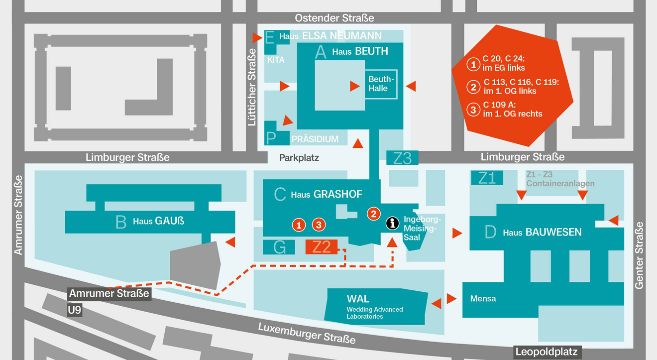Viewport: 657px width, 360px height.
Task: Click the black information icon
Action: (392, 223)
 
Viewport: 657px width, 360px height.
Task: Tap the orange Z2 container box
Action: (322, 247)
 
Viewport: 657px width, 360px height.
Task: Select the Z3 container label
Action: (402, 158)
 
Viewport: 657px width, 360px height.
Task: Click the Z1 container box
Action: (487, 178)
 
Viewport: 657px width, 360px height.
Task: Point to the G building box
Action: (279, 247)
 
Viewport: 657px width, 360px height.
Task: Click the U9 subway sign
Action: (75, 310)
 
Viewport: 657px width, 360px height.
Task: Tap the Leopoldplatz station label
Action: (547, 352)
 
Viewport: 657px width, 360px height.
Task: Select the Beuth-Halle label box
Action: (381, 84)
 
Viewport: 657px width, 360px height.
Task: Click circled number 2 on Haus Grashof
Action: (374, 214)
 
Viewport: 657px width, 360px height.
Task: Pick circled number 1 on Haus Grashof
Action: (299, 225)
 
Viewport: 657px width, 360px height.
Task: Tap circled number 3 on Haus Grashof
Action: (319, 225)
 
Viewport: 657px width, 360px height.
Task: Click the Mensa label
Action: (483, 299)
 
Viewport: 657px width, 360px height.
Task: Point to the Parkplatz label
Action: (299, 158)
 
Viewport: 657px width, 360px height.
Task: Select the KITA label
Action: (276, 60)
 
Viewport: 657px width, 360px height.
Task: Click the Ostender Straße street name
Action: (334, 18)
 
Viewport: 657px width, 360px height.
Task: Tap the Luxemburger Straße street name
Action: (307, 334)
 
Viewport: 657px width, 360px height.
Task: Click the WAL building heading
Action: (358, 299)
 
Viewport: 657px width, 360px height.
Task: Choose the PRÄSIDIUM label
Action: (315, 139)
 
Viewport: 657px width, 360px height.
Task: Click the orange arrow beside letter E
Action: (257, 38)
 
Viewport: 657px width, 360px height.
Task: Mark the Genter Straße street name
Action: (639, 255)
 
